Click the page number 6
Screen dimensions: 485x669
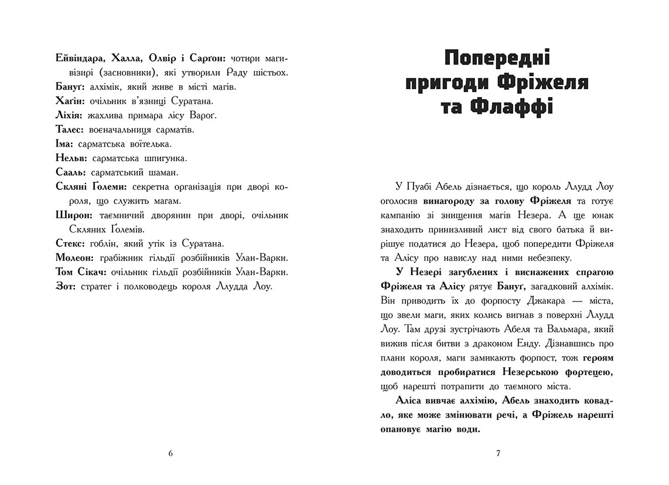coord(170,453)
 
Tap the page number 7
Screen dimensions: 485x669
coord(497,453)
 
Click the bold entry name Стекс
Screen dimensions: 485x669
coord(70,243)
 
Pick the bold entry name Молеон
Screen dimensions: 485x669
coord(74,258)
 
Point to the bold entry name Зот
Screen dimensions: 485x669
coord(65,286)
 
